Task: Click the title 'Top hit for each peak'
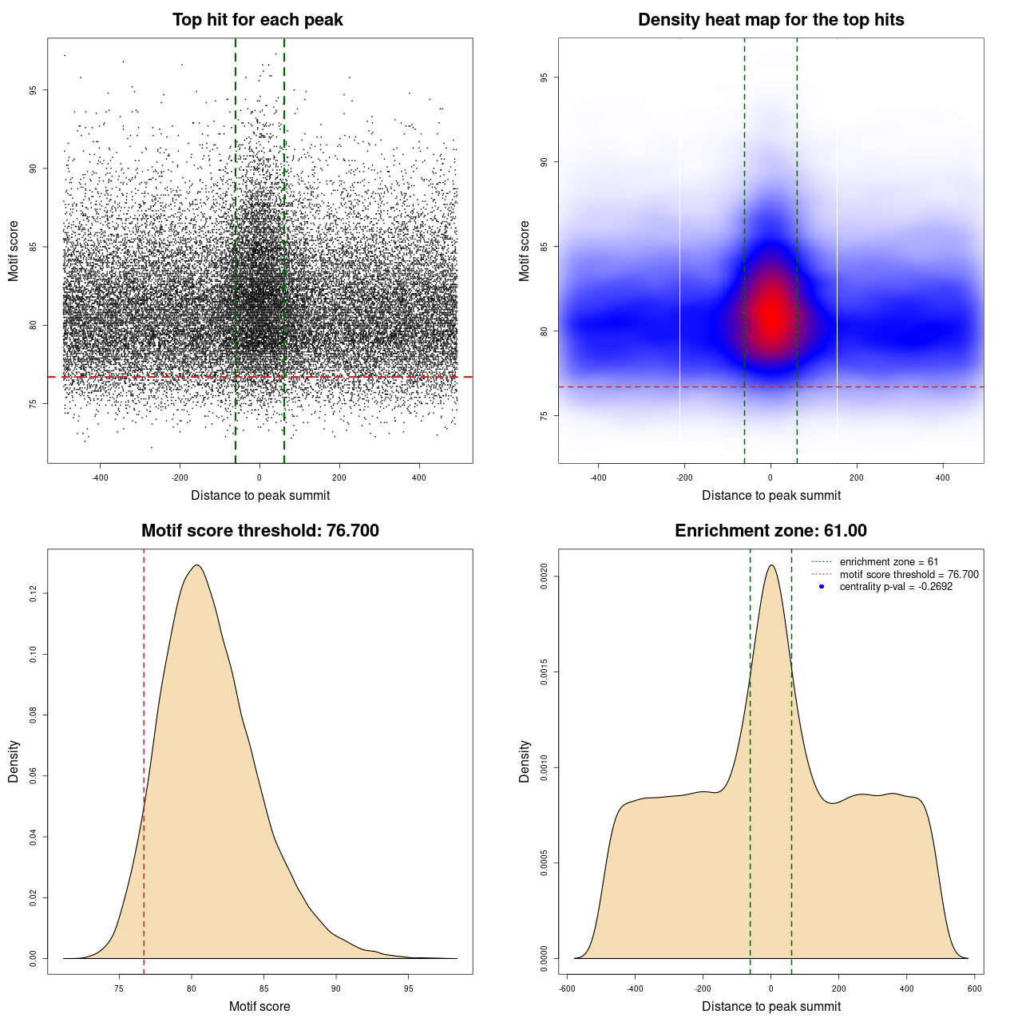click(x=257, y=20)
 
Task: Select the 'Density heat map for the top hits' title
click(x=770, y=20)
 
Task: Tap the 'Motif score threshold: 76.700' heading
click(x=259, y=531)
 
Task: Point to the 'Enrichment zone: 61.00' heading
click(x=770, y=531)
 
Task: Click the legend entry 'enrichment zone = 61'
click(x=889, y=562)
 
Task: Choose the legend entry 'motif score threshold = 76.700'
click(x=909, y=574)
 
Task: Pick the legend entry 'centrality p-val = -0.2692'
click(x=896, y=587)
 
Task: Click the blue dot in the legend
click(x=822, y=587)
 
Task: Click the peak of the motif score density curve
click(x=196, y=565)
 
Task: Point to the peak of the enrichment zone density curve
click(x=770, y=565)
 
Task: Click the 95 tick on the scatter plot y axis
click(x=33, y=90)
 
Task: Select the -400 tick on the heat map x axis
click(x=598, y=477)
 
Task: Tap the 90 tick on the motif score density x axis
click(x=336, y=988)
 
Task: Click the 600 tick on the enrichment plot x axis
click(x=975, y=988)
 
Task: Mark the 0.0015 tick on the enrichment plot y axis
click(x=544, y=672)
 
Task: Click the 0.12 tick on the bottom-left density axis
click(x=33, y=593)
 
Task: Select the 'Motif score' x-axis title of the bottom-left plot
click(x=259, y=1006)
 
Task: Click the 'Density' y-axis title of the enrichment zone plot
click(x=525, y=761)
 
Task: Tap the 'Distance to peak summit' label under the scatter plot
click(x=260, y=495)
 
